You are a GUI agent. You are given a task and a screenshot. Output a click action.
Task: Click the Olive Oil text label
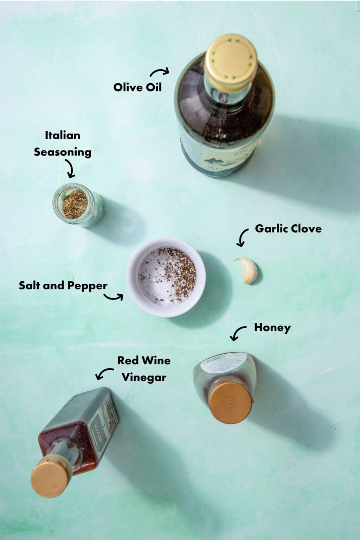coord(137,87)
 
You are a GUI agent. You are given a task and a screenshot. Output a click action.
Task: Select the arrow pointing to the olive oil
coord(159,72)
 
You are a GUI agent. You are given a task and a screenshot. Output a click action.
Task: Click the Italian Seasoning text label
coord(63,143)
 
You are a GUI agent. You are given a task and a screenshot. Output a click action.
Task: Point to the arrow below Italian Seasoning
coord(70,168)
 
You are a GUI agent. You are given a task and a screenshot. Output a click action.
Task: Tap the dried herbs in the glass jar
coord(75,204)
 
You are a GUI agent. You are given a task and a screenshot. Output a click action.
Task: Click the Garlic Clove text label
coord(288,229)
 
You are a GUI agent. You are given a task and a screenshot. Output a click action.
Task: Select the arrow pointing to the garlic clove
coord(242,238)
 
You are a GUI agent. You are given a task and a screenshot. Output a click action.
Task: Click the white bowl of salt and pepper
coord(166,277)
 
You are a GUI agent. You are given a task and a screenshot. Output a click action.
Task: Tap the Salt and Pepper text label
coord(63,285)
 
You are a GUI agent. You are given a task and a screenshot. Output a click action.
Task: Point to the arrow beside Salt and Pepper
coord(114,297)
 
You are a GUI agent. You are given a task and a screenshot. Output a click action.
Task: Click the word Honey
coord(272,328)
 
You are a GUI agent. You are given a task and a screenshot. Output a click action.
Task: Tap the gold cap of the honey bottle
coord(231,403)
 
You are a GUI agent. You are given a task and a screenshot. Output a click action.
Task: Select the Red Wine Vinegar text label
coord(144,369)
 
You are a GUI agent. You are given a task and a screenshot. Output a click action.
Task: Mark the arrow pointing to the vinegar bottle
coord(104,373)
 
